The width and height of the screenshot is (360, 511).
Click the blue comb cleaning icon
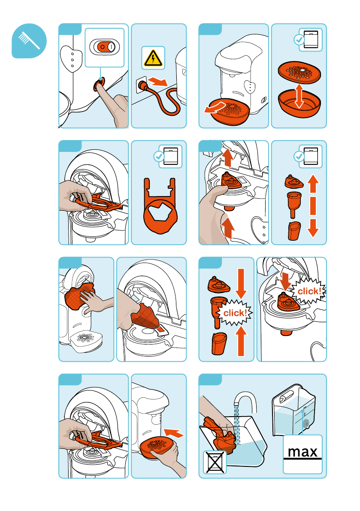coord(29,41)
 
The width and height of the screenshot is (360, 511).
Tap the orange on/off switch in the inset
coord(105,47)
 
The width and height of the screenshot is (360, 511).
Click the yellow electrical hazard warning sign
coord(153,58)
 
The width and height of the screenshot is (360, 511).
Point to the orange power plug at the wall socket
coord(143,85)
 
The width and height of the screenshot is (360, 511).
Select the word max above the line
coord(303,452)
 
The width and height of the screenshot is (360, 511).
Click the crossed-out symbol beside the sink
coord(215,462)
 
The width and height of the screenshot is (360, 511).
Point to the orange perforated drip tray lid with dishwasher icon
coord(299,73)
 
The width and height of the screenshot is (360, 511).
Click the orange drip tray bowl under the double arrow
coord(299,104)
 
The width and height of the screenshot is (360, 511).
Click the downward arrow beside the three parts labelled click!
coord(241,284)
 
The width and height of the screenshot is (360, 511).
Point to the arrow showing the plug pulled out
coord(157,81)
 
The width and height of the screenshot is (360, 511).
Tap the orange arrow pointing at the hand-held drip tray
coord(174,433)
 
